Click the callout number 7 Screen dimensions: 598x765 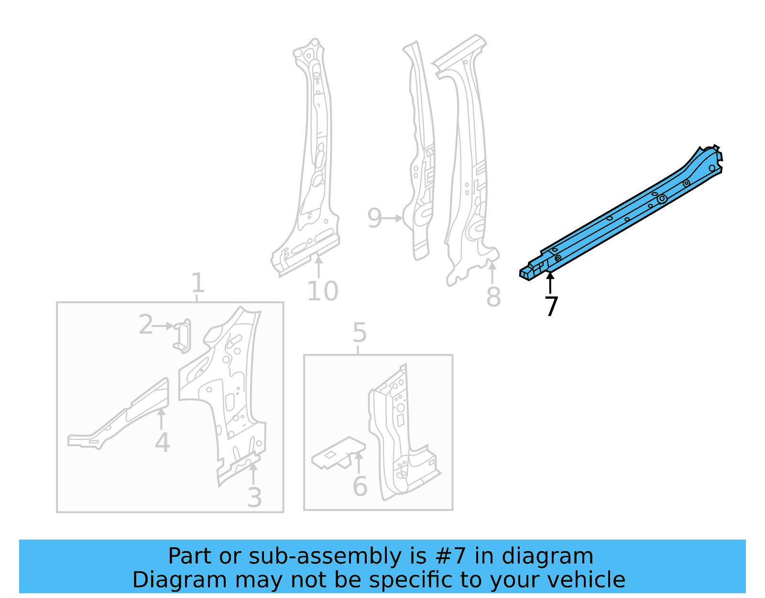click(x=551, y=306)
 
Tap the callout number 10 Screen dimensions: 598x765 click(x=323, y=291)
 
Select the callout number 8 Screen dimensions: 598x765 click(x=493, y=297)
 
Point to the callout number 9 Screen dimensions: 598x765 click(x=374, y=218)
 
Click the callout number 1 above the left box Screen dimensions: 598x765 click(x=197, y=283)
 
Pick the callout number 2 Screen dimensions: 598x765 click(x=146, y=325)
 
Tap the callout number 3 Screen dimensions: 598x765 click(x=254, y=498)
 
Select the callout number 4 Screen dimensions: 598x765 click(x=163, y=442)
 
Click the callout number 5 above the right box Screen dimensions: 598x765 click(x=359, y=333)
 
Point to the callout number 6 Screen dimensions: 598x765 click(x=360, y=487)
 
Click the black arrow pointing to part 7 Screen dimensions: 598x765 click(x=550, y=282)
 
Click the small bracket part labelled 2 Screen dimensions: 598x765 click(x=183, y=336)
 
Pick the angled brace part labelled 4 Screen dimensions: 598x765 click(x=124, y=417)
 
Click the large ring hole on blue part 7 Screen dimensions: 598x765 click(x=662, y=198)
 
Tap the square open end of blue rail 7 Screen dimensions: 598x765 click(x=525, y=275)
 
